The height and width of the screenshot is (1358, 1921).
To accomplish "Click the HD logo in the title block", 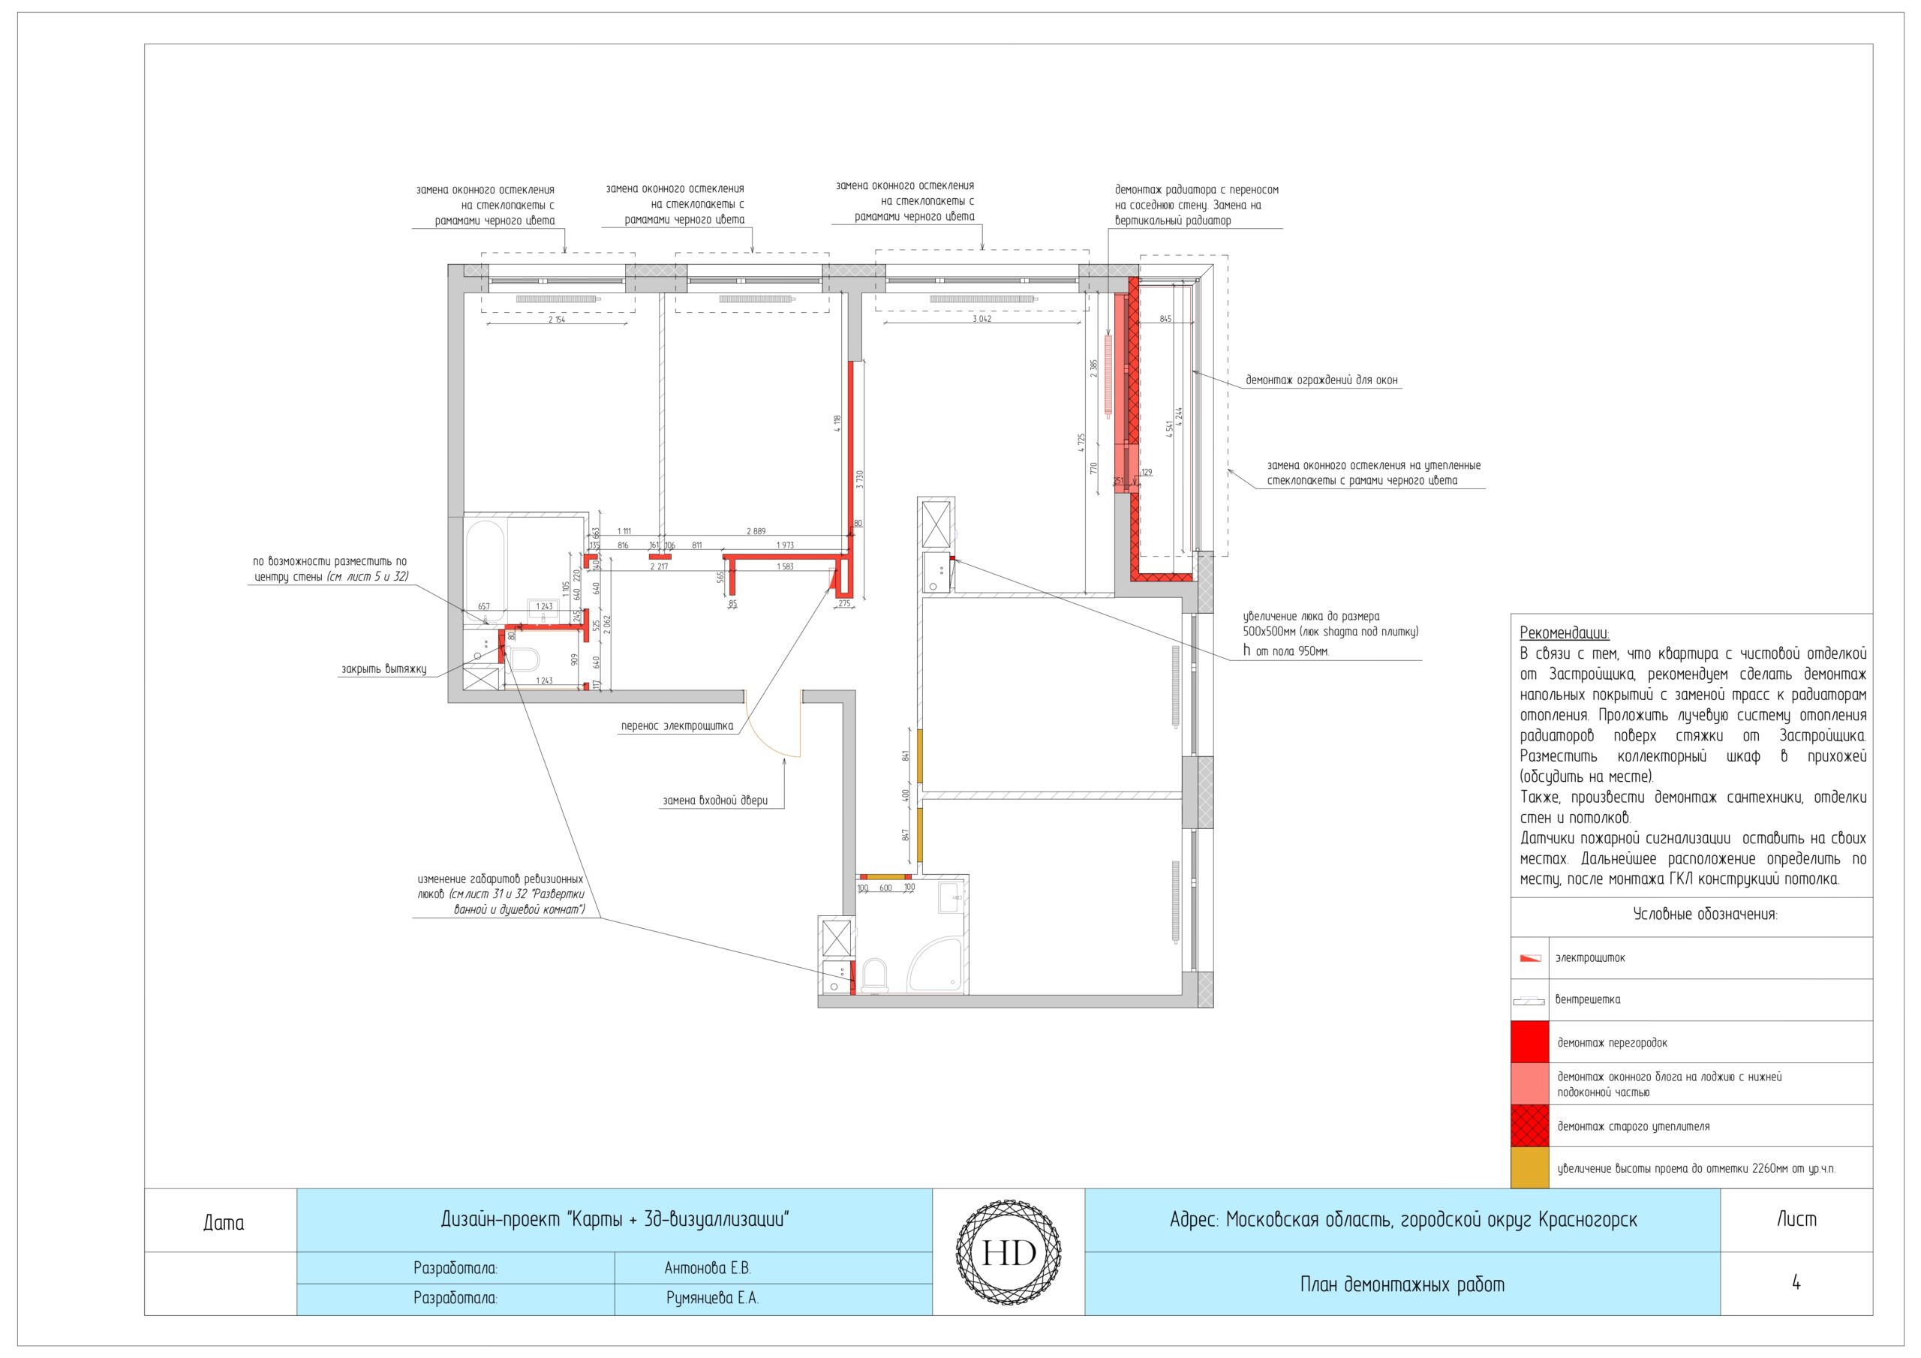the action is tap(1009, 1252).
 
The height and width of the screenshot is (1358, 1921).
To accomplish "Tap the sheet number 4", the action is tap(1796, 1283).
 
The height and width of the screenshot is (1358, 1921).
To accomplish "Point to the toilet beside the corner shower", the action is tap(874, 975).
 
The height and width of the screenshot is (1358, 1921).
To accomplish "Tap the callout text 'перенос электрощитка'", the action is tap(677, 726).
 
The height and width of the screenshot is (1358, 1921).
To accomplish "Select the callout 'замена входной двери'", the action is tap(715, 801).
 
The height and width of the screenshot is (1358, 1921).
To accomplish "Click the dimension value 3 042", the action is tap(982, 319).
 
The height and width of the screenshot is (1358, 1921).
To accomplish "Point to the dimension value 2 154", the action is tap(556, 320).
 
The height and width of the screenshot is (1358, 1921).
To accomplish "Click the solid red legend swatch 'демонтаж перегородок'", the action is tap(1530, 1041).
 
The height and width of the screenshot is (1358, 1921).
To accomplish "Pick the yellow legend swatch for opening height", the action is tap(1530, 1167).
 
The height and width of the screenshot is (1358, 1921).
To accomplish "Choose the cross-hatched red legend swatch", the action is tap(1530, 1125).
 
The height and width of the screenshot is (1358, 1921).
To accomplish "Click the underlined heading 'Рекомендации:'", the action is tap(1565, 633).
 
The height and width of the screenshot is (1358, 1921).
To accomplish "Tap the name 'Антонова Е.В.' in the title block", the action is tap(708, 1269).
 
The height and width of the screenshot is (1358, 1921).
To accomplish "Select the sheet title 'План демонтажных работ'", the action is tap(1402, 1284).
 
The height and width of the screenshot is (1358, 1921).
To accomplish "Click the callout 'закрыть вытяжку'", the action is tap(384, 669).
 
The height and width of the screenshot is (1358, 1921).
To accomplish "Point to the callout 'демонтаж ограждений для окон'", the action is tap(1322, 380).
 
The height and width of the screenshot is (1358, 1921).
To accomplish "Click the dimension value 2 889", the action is tap(756, 531).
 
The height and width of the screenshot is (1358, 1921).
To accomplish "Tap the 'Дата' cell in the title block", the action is tap(224, 1222).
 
